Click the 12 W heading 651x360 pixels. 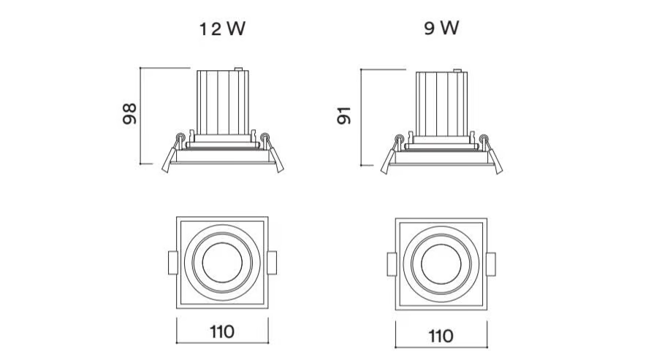222,28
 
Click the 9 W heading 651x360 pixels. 442,28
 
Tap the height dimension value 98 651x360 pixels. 129,114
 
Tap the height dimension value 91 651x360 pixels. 344,115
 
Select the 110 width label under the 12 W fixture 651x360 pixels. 222,332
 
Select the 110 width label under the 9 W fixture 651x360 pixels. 441,336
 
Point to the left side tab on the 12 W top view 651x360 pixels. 172,263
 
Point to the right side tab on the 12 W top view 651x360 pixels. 272,263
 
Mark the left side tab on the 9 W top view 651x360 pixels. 392,264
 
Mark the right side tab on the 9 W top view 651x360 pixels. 491,264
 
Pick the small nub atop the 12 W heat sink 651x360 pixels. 238,69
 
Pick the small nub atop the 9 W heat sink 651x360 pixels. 457,71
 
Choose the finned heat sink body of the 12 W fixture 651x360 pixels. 223,102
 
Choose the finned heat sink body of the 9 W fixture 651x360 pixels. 442,104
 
